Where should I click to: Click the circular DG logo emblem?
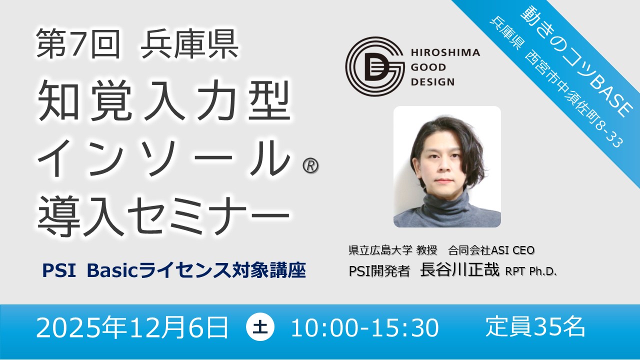375,66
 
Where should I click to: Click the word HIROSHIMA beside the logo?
445,52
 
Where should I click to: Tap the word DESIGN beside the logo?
432,82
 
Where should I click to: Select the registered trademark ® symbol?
310,165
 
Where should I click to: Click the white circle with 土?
260,327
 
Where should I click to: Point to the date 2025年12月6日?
132,327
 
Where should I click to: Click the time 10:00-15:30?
365,328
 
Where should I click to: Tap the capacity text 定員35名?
535,327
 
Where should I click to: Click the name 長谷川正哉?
459,269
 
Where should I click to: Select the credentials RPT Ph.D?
531,271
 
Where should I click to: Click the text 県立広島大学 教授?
393,250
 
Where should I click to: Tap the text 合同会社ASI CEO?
491,250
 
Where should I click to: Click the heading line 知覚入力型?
164,100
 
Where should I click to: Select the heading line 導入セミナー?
163,215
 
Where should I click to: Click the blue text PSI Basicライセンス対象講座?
174,270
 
